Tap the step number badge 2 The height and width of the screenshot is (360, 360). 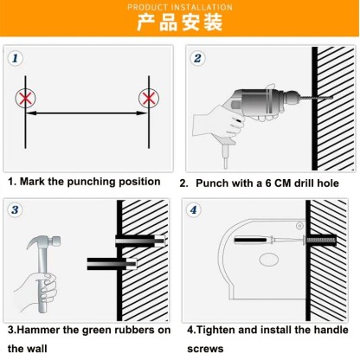point(198,59)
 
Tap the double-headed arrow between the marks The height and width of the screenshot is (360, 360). point(87,112)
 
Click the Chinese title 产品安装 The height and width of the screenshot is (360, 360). point(179,22)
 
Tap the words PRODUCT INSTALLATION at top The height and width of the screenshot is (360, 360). point(179,6)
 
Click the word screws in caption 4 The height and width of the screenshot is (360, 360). point(204,349)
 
